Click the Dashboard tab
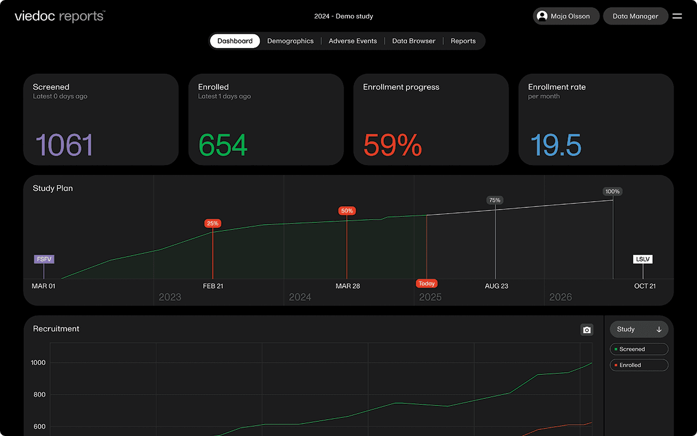click(235, 41)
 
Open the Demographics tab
click(290, 41)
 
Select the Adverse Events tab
click(353, 41)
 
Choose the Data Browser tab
click(414, 41)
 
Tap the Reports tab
click(463, 41)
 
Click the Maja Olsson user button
click(566, 16)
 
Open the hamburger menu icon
click(677, 16)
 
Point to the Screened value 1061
click(64, 145)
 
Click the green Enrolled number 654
click(223, 145)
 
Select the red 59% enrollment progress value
click(393, 145)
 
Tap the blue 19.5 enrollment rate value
click(556, 145)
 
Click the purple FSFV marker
click(44, 259)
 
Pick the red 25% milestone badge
click(212, 223)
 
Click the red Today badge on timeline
click(427, 283)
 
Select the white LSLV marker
click(643, 259)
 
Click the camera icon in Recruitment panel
click(586, 330)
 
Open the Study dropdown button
click(639, 329)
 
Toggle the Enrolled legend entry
click(639, 365)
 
